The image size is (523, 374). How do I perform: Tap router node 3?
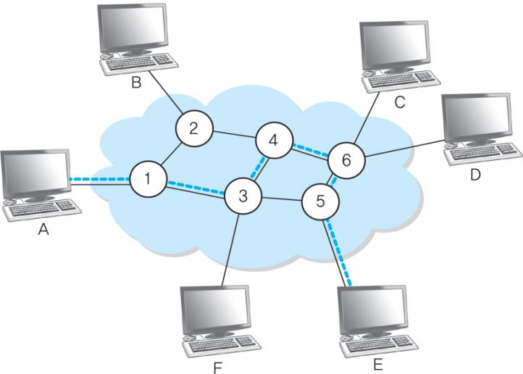pyautogui.click(x=243, y=195)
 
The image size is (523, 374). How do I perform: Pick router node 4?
pyautogui.click(x=275, y=140)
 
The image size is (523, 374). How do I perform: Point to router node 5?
pyautogui.click(x=319, y=200)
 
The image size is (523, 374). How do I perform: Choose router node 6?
pyautogui.click(x=346, y=160)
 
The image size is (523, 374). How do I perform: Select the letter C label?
pyautogui.click(x=399, y=104)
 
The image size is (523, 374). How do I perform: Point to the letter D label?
pyautogui.click(x=475, y=175)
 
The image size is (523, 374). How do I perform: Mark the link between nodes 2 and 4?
pyautogui.click(x=233, y=135)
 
